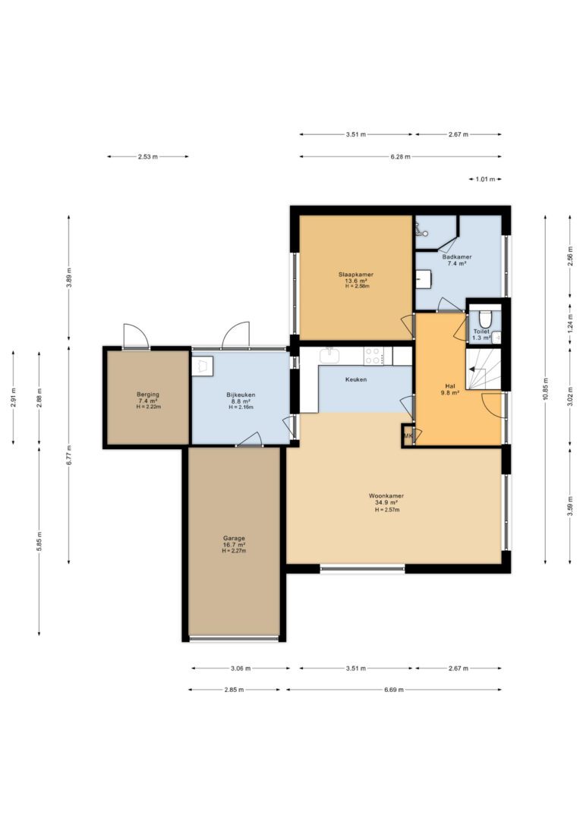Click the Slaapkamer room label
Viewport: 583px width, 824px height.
(x=356, y=275)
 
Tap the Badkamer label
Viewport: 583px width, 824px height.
(x=457, y=257)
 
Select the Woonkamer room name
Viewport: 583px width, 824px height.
(x=386, y=495)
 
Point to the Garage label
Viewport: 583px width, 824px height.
(x=234, y=538)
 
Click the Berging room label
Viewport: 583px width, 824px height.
(x=148, y=394)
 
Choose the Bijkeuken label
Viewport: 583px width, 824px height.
(x=241, y=395)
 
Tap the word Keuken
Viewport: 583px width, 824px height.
(x=356, y=379)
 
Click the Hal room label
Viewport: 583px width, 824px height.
(x=449, y=385)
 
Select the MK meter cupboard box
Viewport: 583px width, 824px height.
(x=408, y=436)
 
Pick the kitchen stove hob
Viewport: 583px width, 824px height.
(x=373, y=356)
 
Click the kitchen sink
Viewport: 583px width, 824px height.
(x=329, y=355)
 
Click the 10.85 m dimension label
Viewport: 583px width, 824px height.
(x=547, y=389)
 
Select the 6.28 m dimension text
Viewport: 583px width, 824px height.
(x=401, y=156)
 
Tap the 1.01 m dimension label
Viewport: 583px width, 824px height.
(x=485, y=179)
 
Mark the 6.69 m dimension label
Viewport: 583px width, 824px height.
(x=394, y=690)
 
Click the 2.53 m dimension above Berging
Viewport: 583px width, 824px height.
(x=148, y=156)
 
